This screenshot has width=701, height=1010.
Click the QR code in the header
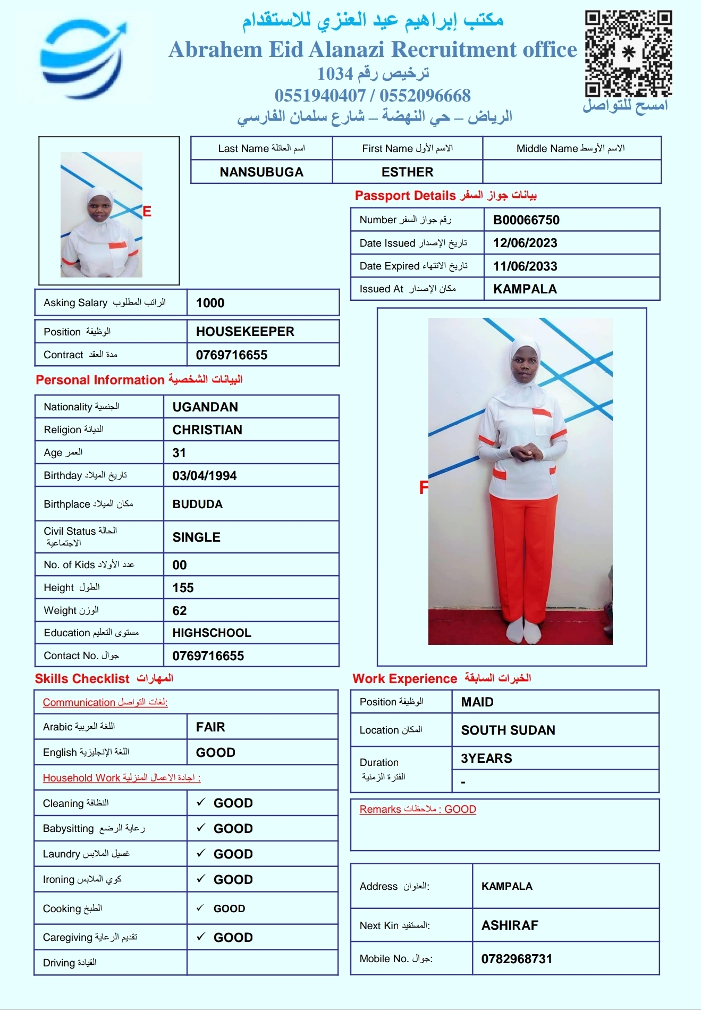pos(628,53)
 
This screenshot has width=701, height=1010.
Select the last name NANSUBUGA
pos(261,172)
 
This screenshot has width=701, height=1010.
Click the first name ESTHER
pos(407,172)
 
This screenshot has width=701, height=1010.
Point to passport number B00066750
pos(526,220)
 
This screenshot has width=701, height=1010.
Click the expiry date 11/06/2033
pos(525,266)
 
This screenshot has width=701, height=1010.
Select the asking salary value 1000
pos(210,303)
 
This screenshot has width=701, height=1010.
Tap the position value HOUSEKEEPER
pos(245,332)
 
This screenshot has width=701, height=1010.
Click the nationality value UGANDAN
pos(205,407)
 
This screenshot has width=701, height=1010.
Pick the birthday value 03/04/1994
pos(205,476)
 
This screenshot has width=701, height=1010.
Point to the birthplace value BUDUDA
pos(198,504)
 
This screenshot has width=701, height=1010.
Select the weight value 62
pos(180,611)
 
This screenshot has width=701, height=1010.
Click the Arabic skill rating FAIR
pos(210,727)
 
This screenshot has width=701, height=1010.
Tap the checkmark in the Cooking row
pos(200,908)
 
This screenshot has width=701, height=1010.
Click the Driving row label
pos(70,963)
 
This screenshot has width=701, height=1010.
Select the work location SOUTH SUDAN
pos(508,730)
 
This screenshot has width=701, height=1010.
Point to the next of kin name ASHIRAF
pos(510,925)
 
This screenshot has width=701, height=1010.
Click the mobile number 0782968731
pos(517,959)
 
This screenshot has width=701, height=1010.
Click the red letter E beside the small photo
pos(147,212)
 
